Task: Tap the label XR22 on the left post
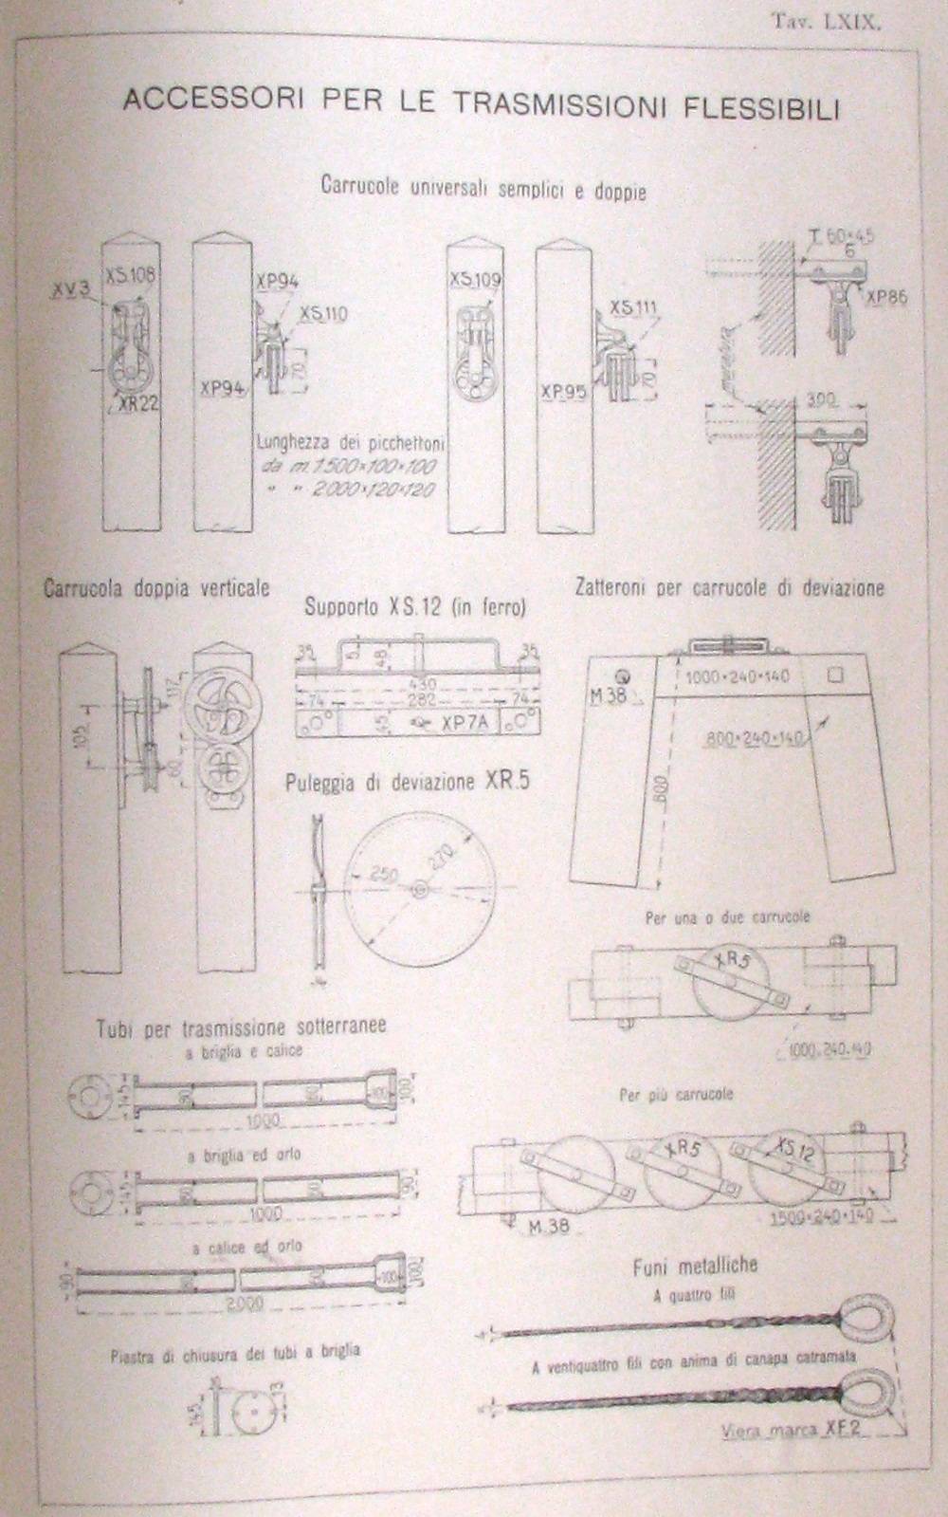pyautogui.click(x=137, y=401)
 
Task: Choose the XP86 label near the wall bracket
pyautogui.click(x=885, y=297)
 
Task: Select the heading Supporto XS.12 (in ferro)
pyautogui.click(x=414, y=608)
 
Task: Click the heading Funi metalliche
pyautogui.click(x=694, y=1266)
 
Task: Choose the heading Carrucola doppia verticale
pyautogui.click(x=156, y=588)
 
